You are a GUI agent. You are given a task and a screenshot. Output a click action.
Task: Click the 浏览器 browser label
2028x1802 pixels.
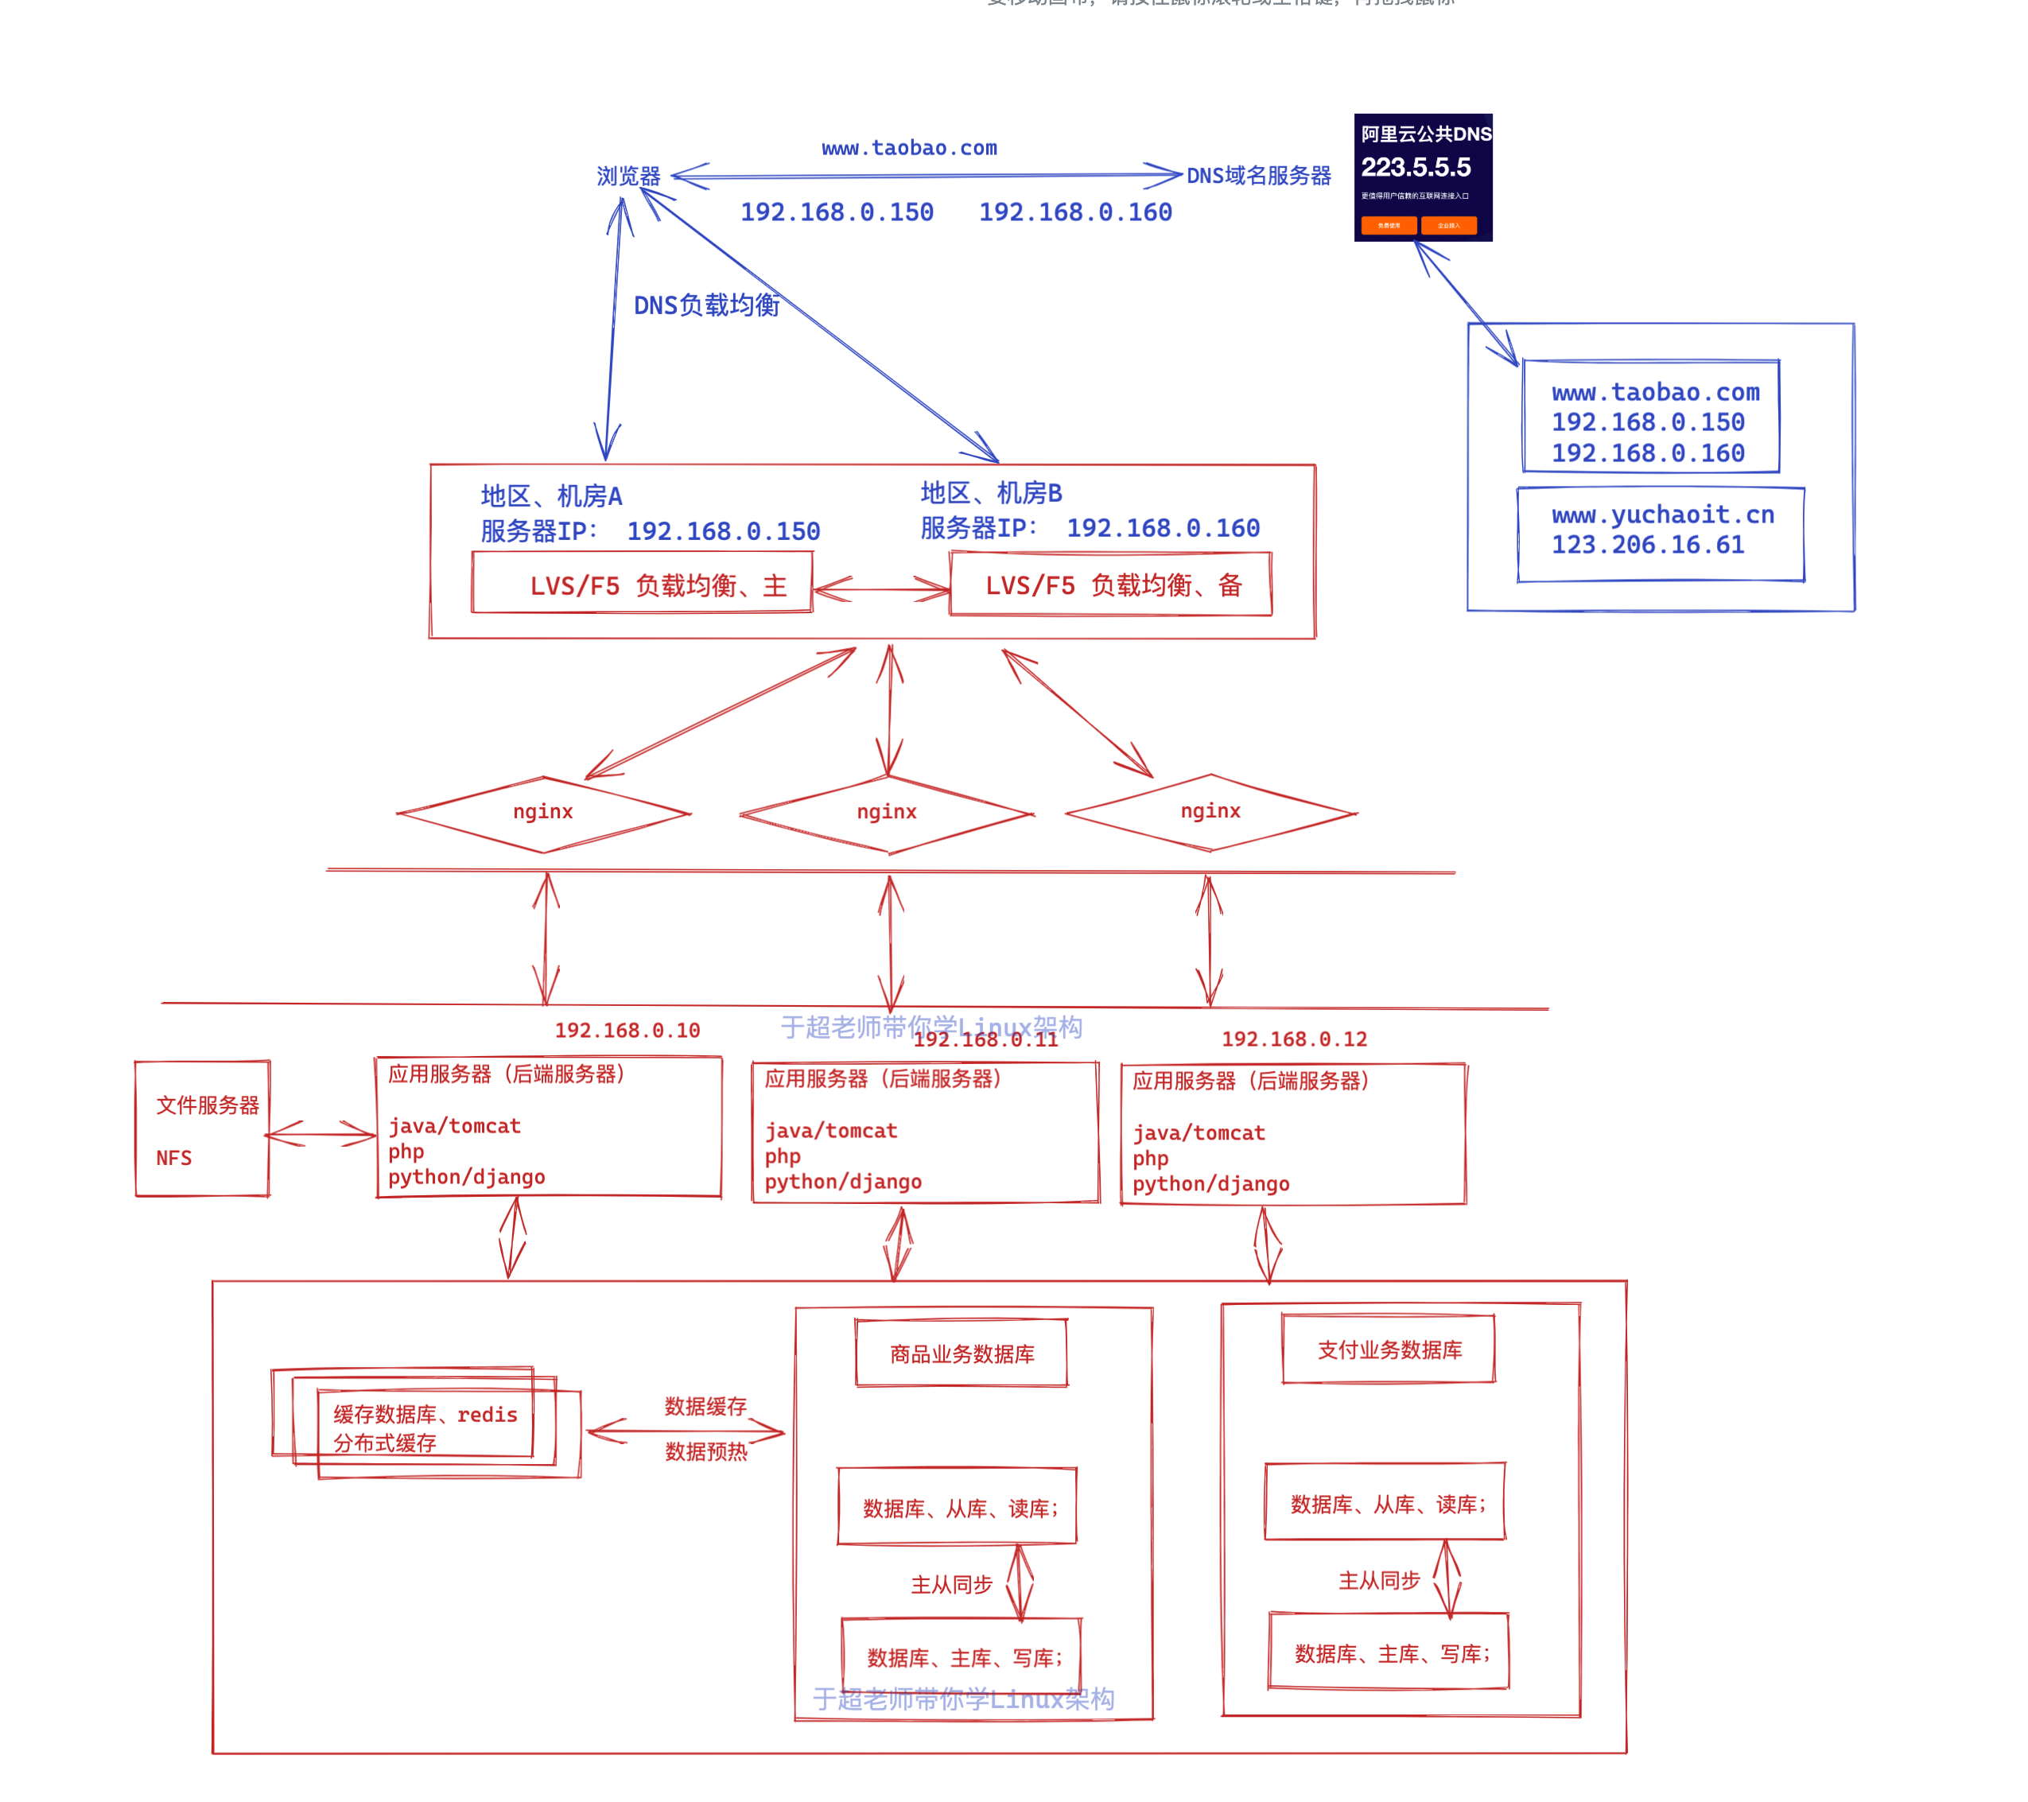pyautogui.click(x=628, y=177)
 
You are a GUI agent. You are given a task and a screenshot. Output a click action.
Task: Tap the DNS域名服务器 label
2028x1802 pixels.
pyautogui.click(x=1258, y=176)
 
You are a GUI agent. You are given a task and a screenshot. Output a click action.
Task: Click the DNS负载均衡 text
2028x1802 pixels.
pyautogui.click(x=706, y=305)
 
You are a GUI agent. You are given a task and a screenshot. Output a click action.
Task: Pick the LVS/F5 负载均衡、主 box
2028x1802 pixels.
pyautogui.click(x=642, y=584)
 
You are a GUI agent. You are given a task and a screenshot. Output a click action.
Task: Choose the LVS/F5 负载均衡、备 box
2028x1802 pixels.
pyautogui.click(x=1110, y=584)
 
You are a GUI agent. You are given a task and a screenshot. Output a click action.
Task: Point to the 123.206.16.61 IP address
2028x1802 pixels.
pyautogui.click(x=1647, y=545)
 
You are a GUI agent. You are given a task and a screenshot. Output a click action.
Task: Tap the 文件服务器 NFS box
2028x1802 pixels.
pyautogui.click(x=203, y=1129)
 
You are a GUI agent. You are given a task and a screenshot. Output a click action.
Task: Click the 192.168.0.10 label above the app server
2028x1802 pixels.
pyautogui.click(x=627, y=1030)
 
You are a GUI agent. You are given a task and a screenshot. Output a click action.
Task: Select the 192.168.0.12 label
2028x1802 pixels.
pyautogui.click(x=1294, y=1039)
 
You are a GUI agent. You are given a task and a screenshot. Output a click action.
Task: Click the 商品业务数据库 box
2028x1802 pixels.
pyautogui.click(x=962, y=1353)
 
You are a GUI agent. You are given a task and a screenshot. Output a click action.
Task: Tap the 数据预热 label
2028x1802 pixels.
pyautogui.click(x=705, y=1452)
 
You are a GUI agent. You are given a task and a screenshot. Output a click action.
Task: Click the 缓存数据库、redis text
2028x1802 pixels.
pyautogui.click(x=425, y=1414)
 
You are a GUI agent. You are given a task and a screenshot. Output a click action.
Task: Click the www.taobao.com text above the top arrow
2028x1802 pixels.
pyautogui.click(x=909, y=148)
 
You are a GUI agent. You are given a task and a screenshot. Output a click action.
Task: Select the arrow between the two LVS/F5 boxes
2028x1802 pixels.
pyautogui.click(x=881, y=588)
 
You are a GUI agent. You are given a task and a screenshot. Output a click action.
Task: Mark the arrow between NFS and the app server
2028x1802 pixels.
pyautogui.click(x=321, y=1134)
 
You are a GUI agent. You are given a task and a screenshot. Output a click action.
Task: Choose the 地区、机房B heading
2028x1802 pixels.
pyautogui.click(x=990, y=492)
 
